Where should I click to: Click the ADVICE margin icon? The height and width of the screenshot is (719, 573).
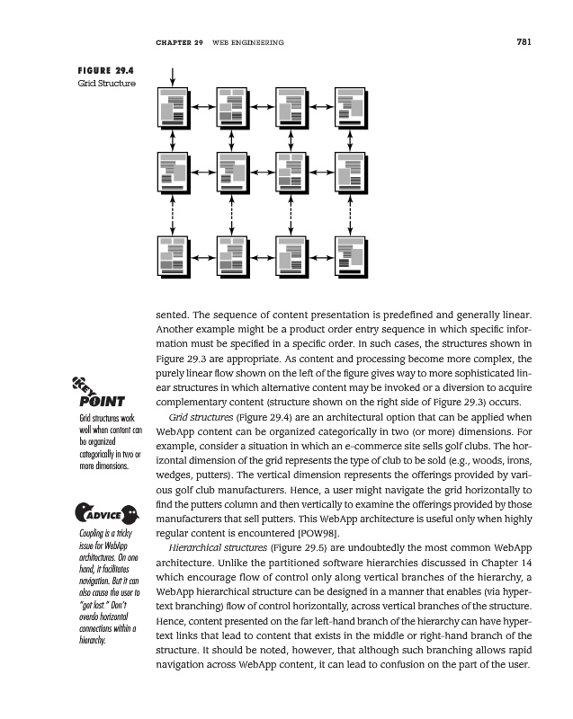pyautogui.click(x=105, y=516)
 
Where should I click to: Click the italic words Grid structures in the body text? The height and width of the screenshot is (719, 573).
pyautogui.click(x=198, y=419)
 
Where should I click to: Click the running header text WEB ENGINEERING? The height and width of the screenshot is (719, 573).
pyautogui.click(x=248, y=42)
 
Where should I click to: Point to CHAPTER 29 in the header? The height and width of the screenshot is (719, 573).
pyautogui.click(x=179, y=42)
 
